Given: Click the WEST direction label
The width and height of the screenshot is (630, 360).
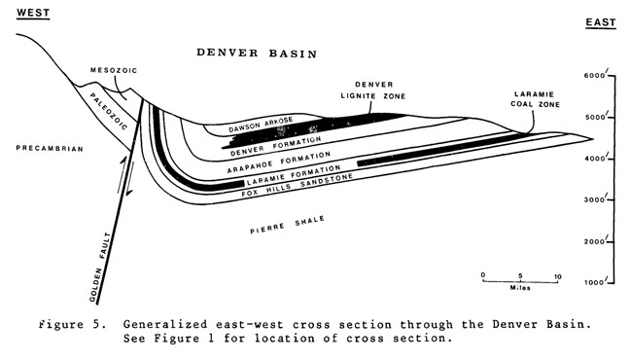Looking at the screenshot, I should [26, 12].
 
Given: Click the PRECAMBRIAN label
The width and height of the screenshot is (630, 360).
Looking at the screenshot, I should [47, 149].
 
